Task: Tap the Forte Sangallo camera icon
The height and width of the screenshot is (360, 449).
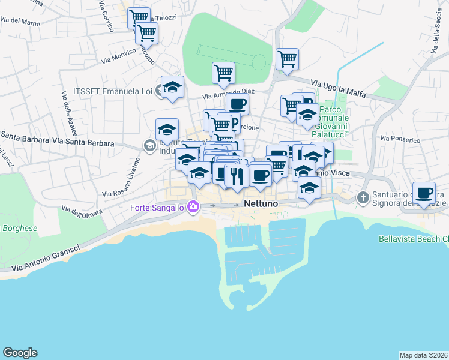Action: [193, 207]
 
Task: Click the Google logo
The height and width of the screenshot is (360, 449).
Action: [20, 353]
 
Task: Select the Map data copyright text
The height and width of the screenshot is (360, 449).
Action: [423, 355]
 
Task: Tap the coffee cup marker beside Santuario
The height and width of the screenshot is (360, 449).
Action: [424, 193]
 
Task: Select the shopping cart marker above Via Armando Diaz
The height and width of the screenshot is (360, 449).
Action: [223, 73]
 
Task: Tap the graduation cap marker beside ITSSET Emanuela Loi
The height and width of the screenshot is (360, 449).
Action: [172, 88]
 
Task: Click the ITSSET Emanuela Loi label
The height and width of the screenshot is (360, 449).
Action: [112, 91]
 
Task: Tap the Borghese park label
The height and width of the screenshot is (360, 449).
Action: [20, 229]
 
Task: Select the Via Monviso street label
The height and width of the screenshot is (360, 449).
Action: [119, 57]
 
